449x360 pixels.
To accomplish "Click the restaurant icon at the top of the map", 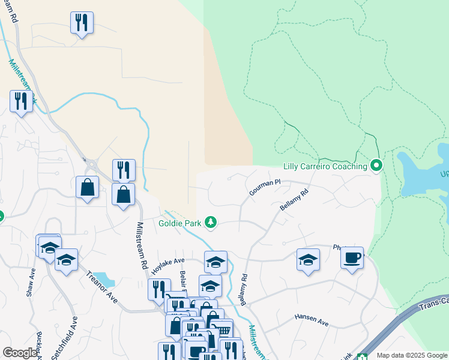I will point(82,23).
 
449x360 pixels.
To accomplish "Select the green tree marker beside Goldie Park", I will point(210,223).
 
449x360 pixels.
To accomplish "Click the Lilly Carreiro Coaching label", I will point(325,166).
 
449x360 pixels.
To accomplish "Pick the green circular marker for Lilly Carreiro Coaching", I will point(376,164).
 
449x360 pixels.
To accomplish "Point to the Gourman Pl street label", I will point(265,187).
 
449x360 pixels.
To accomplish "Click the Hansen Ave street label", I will point(312,319).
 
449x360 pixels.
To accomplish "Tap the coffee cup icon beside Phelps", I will point(352,257).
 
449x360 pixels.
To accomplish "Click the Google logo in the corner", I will point(19,353).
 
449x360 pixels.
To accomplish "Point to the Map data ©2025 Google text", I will point(412,355).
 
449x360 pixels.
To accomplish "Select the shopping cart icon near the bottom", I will point(223,329).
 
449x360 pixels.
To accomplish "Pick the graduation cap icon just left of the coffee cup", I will point(308,260).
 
